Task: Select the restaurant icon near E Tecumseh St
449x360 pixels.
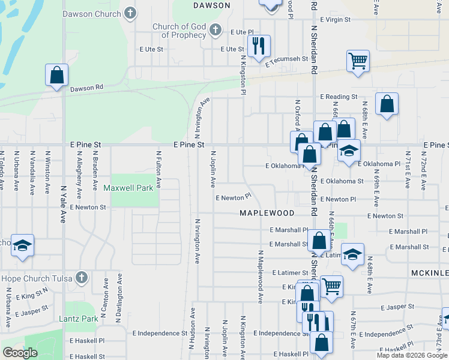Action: coord(259,45)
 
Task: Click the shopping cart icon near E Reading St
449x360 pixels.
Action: coord(358,60)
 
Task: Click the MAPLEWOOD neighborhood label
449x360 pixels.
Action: coord(267,213)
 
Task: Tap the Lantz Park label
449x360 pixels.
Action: coord(78,319)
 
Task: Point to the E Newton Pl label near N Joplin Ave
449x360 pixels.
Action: coord(233,197)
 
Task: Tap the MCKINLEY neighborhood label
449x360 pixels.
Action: coord(430,273)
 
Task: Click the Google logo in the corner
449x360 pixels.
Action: coord(20,353)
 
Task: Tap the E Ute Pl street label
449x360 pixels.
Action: coord(242,31)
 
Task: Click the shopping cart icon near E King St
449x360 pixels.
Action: coord(331,286)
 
